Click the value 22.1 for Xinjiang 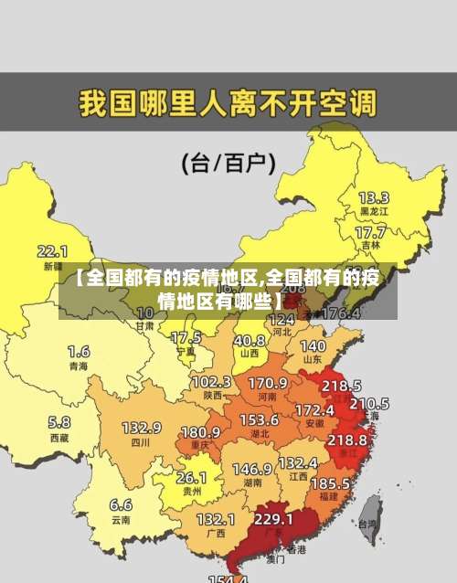(52, 250)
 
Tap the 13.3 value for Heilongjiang (373, 197)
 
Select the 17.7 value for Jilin (370, 232)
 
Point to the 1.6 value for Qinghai (79, 351)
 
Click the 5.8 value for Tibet (58, 422)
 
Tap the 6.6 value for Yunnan (121, 504)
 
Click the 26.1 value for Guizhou (191, 477)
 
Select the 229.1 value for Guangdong (273, 518)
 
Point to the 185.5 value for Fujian (330, 482)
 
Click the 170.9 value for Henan (268, 382)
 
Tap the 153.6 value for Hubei (260, 419)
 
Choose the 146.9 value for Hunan (251, 468)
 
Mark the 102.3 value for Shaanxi (211, 381)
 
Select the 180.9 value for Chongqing (200, 431)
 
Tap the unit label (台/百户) (229, 164)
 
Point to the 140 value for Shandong (313, 346)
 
